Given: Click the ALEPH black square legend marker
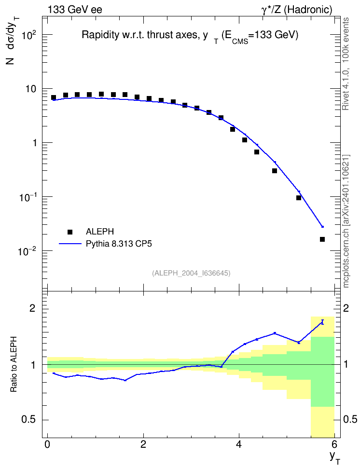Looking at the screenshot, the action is (x=70, y=232).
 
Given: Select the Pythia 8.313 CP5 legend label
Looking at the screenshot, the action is (x=119, y=244).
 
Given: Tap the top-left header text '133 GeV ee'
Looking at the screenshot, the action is (x=75, y=10).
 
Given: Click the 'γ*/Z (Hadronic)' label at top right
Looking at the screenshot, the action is (x=297, y=10).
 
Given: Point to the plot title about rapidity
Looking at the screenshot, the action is (x=190, y=36).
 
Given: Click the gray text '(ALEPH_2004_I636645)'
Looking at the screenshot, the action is (x=191, y=273).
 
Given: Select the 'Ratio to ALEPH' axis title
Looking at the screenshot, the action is (x=14, y=364).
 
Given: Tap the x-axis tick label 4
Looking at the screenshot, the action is (x=239, y=444).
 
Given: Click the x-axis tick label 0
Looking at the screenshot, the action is (x=47, y=444).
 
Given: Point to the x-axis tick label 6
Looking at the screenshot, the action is (x=334, y=444).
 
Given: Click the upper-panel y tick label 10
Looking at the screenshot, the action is (x=31, y=89).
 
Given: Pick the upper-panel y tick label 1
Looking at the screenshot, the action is (x=35, y=143).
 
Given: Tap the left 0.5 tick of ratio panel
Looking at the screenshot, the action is (x=29, y=420).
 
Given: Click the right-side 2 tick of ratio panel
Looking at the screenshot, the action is (x=346, y=308).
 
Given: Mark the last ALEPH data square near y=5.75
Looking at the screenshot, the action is (x=322, y=239).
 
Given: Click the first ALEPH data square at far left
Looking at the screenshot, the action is (x=54, y=97).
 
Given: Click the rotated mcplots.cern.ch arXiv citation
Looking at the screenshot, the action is (x=346, y=221).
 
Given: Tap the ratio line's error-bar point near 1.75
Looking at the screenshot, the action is (x=322, y=322).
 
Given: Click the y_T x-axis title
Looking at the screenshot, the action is (x=335, y=458).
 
